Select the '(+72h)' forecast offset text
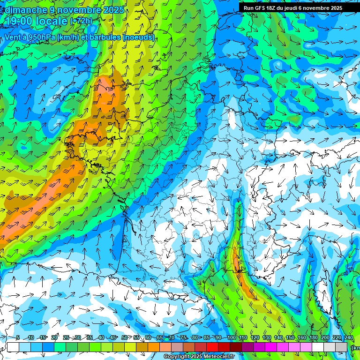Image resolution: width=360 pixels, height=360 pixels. click(81, 21)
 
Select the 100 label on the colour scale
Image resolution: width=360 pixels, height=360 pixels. click(231, 337)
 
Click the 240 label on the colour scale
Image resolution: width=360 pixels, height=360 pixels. click(348, 337)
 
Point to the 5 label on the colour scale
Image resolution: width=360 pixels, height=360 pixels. click(18, 337)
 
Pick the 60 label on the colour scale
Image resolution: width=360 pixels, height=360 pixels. click(148, 337)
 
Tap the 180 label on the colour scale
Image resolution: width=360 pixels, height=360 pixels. click(313, 337)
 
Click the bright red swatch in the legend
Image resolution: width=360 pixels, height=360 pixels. click(212, 347)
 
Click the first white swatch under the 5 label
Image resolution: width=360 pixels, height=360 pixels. click(13, 347)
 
